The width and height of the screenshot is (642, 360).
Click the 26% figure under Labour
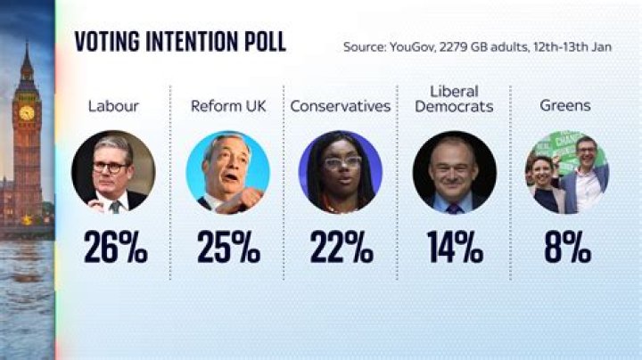click(x=115, y=249)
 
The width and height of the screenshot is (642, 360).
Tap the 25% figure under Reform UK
click(x=228, y=249)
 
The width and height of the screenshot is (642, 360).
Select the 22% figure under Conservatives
click(x=341, y=249)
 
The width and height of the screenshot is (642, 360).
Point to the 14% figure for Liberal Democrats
click(x=454, y=249)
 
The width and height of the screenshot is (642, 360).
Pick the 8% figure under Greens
click(x=567, y=249)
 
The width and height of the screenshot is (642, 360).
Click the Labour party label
click(x=114, y=106)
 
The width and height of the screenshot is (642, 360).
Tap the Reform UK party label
click(x=228, y=106)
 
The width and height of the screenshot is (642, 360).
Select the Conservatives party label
click(x=341, y=106)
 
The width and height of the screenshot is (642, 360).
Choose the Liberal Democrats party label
click(x=454, y=98)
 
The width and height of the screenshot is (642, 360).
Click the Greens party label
click(x=566, y=106)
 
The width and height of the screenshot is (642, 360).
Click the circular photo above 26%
click(x=114, y=172)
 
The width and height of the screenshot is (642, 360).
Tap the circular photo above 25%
click(x=227, y=172)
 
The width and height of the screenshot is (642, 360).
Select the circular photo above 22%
click(x=341, y=172)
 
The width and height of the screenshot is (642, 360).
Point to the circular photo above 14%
click(x=454, y=172)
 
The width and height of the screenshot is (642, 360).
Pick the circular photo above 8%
click(x=567, y=172)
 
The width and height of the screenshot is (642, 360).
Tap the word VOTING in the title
click(x=106, y=42)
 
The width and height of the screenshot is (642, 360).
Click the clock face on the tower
click(x=27, y=112)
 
